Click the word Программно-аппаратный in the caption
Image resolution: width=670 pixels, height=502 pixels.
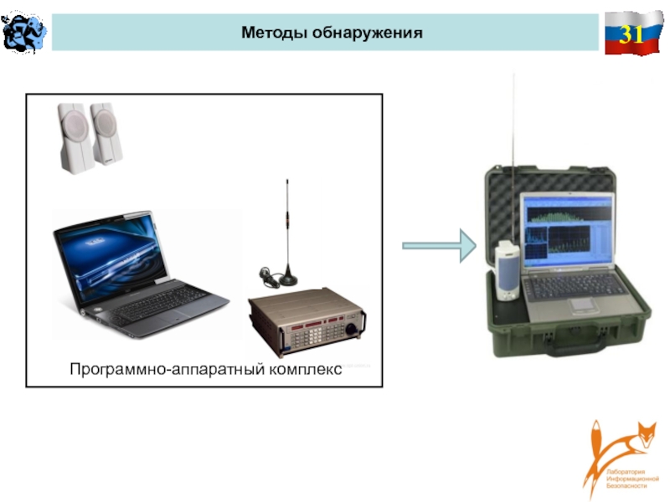(x=157, y=369)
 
